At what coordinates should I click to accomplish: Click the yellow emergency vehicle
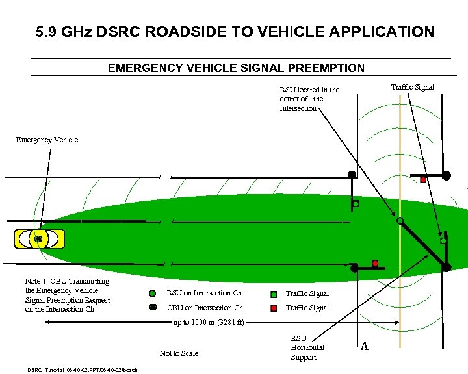coord(39,239)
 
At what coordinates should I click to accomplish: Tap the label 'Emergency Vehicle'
coord(47,140)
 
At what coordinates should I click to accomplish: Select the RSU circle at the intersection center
coord(400,221)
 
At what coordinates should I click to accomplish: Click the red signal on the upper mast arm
coord(423,179)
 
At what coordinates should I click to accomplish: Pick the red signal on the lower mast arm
coord(375,262)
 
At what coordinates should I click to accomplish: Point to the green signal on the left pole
coord(356,204)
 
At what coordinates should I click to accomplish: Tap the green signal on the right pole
coord(443,241)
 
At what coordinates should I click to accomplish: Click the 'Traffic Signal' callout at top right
coord(412,87)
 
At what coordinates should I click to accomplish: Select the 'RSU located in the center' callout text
coord(309,99)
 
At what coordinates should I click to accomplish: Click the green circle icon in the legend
coord(153,293)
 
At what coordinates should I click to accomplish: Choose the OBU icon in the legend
coord(153,308)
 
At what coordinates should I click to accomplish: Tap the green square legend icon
coord(274,294)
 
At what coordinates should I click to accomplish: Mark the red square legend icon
coord(274,308)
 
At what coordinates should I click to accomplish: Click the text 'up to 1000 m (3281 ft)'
coord(208,323)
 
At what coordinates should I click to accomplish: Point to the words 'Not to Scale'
coord(179,353)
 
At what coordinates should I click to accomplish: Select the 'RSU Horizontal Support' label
coord(307,348)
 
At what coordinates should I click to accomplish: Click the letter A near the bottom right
coord(365,347)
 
